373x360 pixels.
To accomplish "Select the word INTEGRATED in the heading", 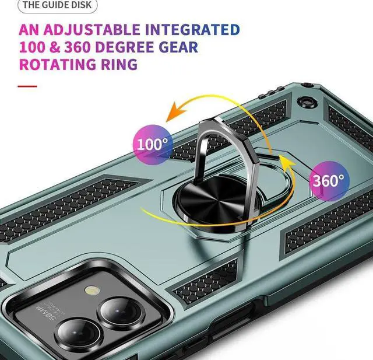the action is [192, 30].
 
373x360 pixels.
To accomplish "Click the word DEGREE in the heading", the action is [139, 47].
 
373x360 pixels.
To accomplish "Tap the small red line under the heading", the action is [27, 86].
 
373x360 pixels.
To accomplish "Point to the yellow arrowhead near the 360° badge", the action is [284, 161].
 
